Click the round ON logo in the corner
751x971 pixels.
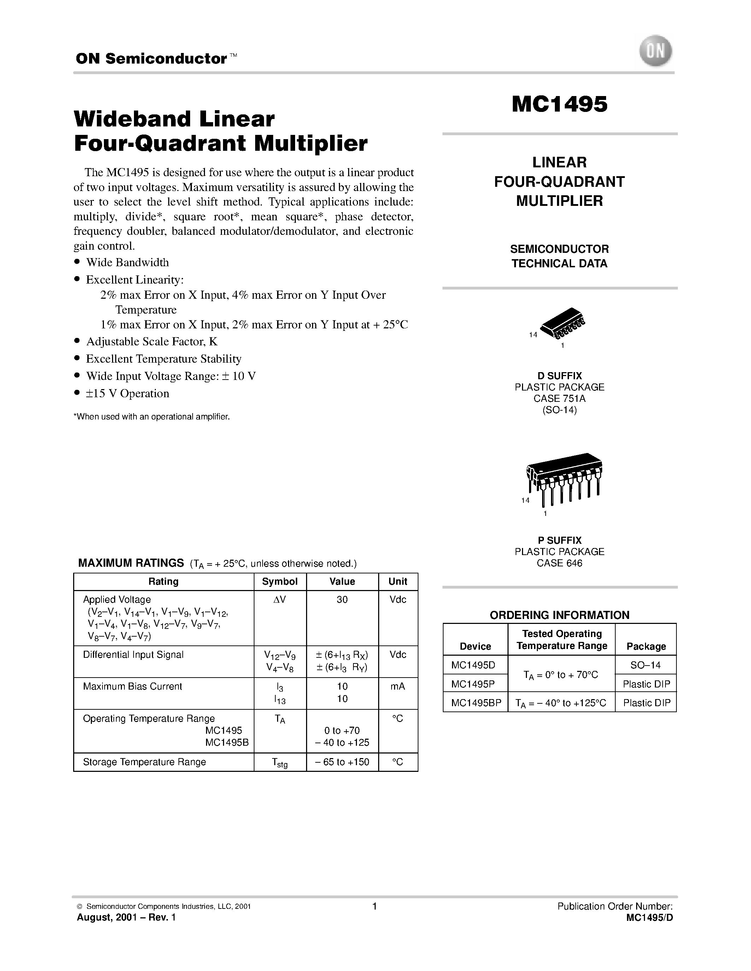pos(655,52)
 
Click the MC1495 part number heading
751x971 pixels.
pos(559,105)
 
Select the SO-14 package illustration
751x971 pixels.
pos(562,322)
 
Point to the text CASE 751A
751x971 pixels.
pos(559,398)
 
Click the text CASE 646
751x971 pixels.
pos(559,563)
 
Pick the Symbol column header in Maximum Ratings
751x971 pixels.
pos(280,582)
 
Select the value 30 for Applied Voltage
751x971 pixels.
pos(342,599)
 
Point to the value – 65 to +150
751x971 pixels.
pos(342,762)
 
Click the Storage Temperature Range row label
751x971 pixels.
pos(144,762)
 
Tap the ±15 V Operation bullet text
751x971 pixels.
pos(127,393)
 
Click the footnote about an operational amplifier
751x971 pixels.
pos(151,417)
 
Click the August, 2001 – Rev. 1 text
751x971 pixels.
pos(127,917)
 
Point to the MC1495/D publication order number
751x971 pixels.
pos(649,918)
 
